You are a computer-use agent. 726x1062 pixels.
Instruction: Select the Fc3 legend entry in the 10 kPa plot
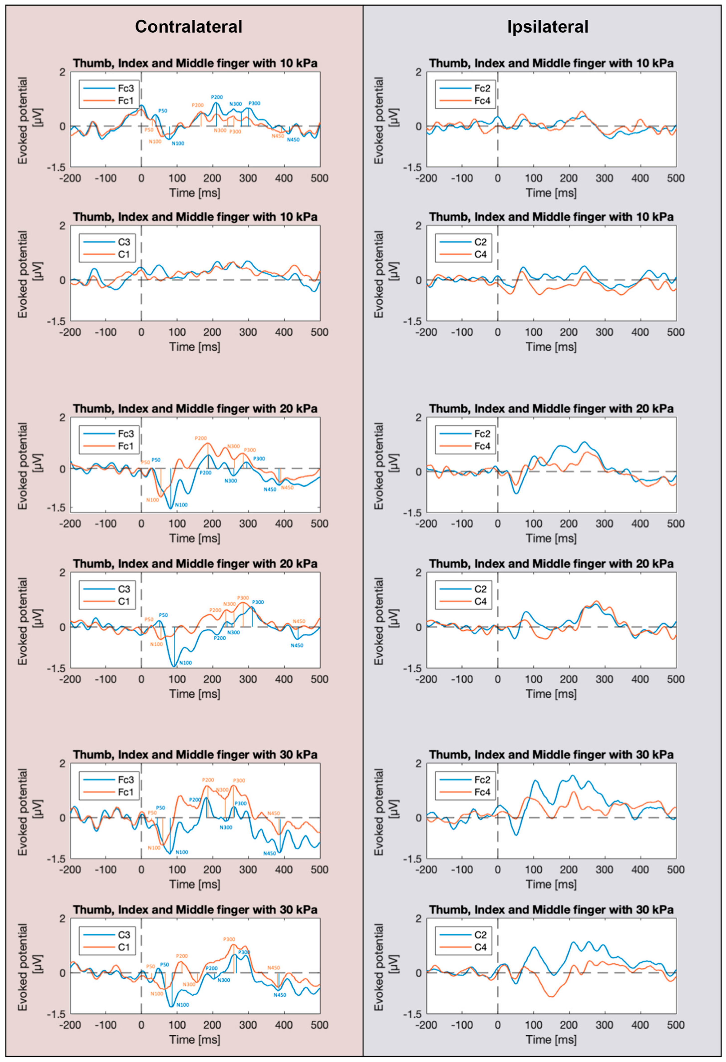pos(125,88)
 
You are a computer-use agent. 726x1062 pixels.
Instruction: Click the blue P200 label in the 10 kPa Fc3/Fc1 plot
pos(217,97)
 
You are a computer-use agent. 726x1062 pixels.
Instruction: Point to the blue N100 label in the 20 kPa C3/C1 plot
pos(185,663)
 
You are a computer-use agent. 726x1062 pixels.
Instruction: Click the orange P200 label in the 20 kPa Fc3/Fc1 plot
pos(201,438)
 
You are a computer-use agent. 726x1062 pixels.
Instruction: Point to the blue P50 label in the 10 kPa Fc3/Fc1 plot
pos(163,110)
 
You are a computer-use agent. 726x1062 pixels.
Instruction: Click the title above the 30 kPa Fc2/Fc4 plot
pos(551,755)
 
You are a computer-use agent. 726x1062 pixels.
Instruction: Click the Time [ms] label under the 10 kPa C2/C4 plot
pos(551,347)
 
